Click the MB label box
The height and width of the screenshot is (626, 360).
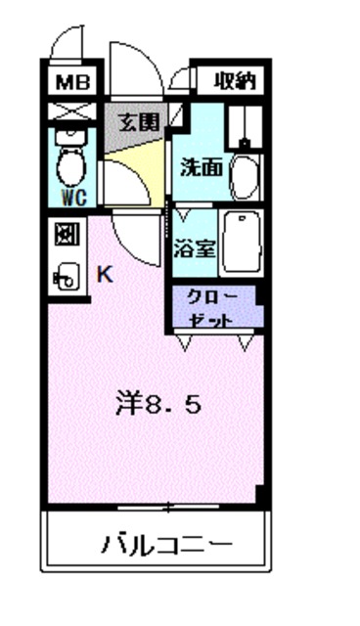(x=70, y=82)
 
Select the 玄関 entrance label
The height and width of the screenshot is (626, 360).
(x=139, y=123)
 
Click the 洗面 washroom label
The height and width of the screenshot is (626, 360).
(x=200, y=165)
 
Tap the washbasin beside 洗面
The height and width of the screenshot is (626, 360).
(x=244, y=175)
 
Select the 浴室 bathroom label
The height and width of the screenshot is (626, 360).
(x=195, y=249)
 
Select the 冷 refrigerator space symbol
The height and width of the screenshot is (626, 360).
(x=67, y=234)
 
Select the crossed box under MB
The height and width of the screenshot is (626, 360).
(x=70, y=111)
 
